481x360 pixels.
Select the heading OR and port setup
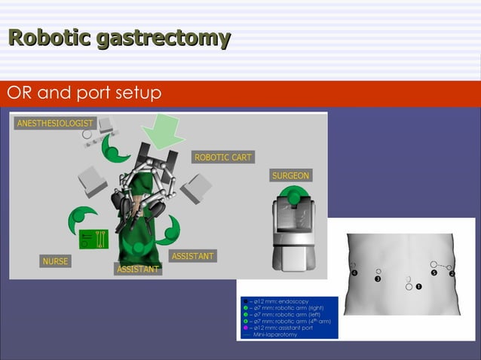84,93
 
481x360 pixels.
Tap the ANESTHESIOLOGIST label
53,124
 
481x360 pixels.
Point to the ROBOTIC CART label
223,157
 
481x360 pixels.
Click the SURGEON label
290,175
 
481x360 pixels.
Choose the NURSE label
55,261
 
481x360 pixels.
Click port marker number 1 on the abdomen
418,287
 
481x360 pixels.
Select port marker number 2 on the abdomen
452,273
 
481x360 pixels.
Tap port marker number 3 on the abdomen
377,279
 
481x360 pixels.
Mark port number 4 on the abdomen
354,273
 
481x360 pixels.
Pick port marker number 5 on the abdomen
434,273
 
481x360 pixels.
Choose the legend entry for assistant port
278,328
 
